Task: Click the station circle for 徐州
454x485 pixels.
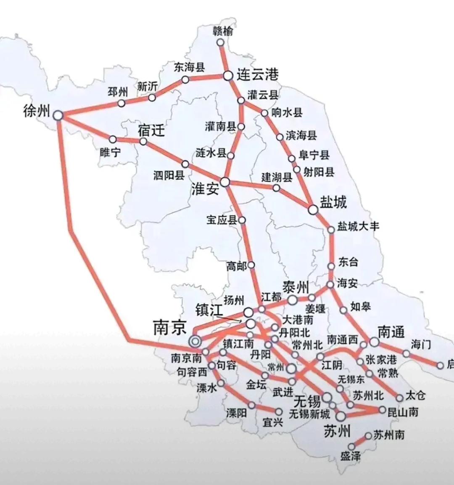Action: (58, 115)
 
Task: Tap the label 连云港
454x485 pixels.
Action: (257, 75)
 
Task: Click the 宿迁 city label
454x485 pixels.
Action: (151, 131)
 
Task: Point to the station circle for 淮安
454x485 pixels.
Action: (225, 182)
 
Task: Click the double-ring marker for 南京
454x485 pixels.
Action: (195, 341)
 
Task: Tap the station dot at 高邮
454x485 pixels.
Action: (251, 265)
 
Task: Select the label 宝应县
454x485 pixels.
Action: (222, 220)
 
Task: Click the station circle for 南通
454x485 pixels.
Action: (374, 342)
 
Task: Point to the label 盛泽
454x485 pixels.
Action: (350, 456)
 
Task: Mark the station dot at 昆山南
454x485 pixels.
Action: (382, 410)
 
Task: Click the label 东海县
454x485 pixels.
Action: (189, 67)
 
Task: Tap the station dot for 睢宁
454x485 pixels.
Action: (113, 139)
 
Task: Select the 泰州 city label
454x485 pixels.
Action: (296, 288)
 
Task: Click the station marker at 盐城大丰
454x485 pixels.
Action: (331, 229)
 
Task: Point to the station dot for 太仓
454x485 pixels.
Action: (400, 398)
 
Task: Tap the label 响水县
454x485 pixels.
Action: (287, 112)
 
